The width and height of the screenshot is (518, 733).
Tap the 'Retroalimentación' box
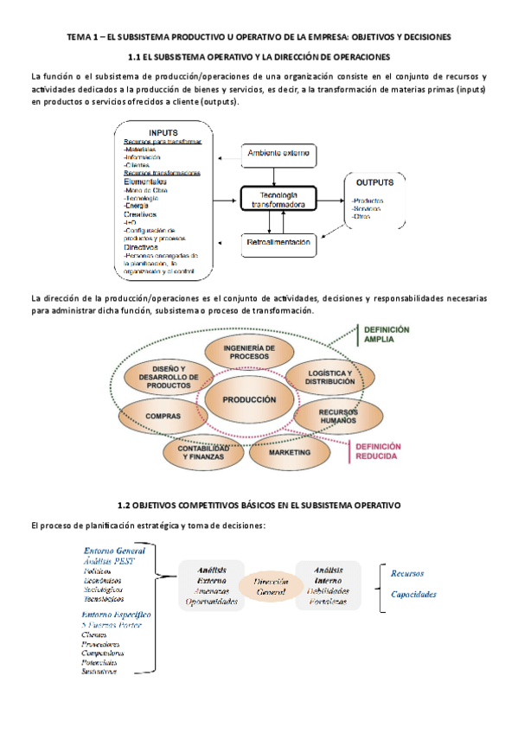[x=278, y=244]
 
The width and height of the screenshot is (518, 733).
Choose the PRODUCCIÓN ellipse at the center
[x=249, y=400]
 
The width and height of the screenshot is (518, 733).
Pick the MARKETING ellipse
[x=289, y=452]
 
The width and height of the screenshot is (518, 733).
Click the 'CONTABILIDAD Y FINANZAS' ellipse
[x=197, y=451]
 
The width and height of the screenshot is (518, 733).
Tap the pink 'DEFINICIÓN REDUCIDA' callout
[x=374, y=450]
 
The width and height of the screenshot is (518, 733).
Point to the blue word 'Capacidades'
[x=413, y=595]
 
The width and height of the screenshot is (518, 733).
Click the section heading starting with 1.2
[x=259, y=504]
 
